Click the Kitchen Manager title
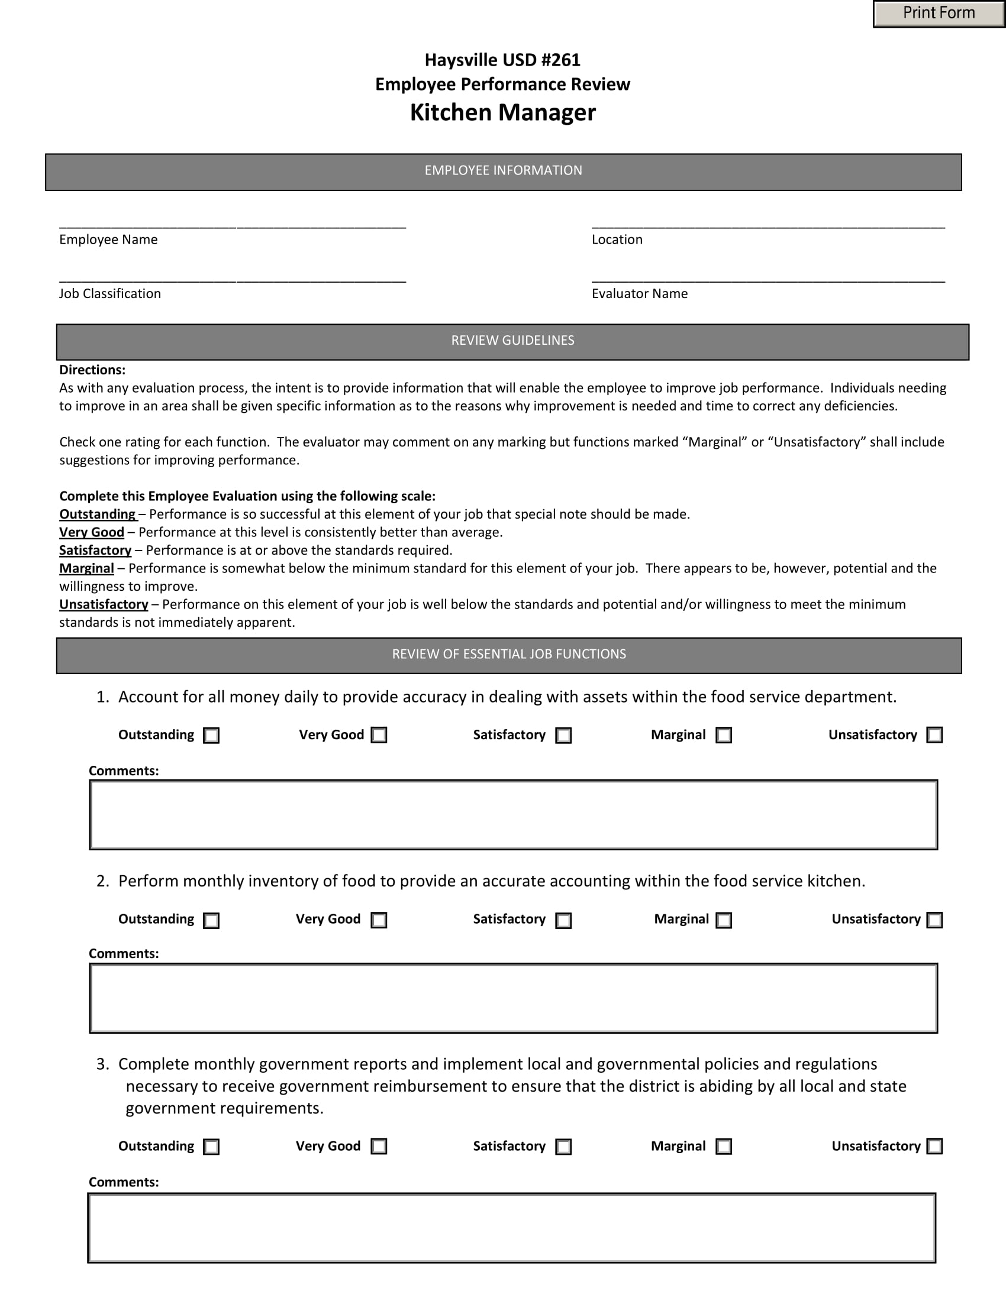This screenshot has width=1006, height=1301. (x=502, y=112)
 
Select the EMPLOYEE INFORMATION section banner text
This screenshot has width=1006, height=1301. (x=503, y=170)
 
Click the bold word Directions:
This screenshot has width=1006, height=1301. (x=92, y=370)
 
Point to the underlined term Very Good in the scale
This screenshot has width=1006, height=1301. (x=92, y=532)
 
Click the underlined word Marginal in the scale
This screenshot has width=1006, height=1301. (x=86, y=568)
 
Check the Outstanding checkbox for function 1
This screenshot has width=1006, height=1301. (x=211, y=735)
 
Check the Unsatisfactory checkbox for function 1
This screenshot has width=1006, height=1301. (x=934, y=734)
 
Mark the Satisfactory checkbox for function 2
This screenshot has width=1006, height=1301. (x=563, y=920)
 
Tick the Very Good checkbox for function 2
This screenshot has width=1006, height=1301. (x=379, y=920)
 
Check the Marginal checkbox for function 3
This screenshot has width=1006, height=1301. (x=724, y=1146)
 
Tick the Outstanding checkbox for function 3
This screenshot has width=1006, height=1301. (x=211, y=1147)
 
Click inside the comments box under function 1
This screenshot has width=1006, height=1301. (x=513, y=814)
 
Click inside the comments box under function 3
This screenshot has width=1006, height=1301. (x=511, y=1228)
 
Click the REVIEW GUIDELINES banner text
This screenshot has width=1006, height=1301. (x=512, y=340)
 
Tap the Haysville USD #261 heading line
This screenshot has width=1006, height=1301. (x=502, y=60)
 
